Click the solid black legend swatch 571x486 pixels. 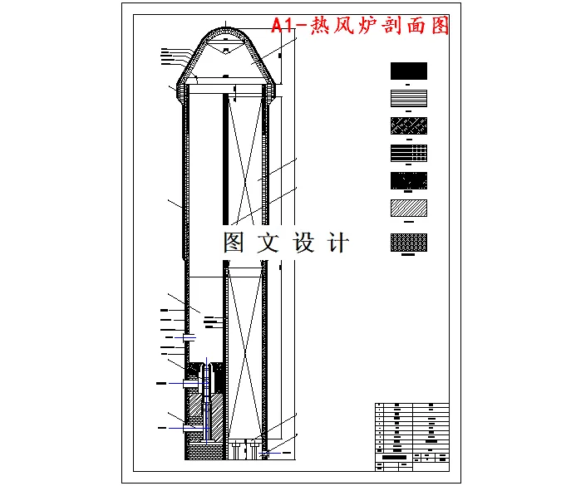pos(408,71)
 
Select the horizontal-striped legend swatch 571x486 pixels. pos(408,98)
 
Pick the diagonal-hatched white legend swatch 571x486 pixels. pos(408,209)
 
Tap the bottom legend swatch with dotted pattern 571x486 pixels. pos(408,242)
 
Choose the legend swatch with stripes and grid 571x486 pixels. pos(408,153)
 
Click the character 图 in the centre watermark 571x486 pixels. pos(234,243)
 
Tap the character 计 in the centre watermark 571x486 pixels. pos(339,243)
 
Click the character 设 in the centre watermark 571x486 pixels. pos(305,243)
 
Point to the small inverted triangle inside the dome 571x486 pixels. pos(225,52)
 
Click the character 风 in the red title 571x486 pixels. pos(344,26)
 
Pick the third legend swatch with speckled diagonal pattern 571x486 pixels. pos(408,125)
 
